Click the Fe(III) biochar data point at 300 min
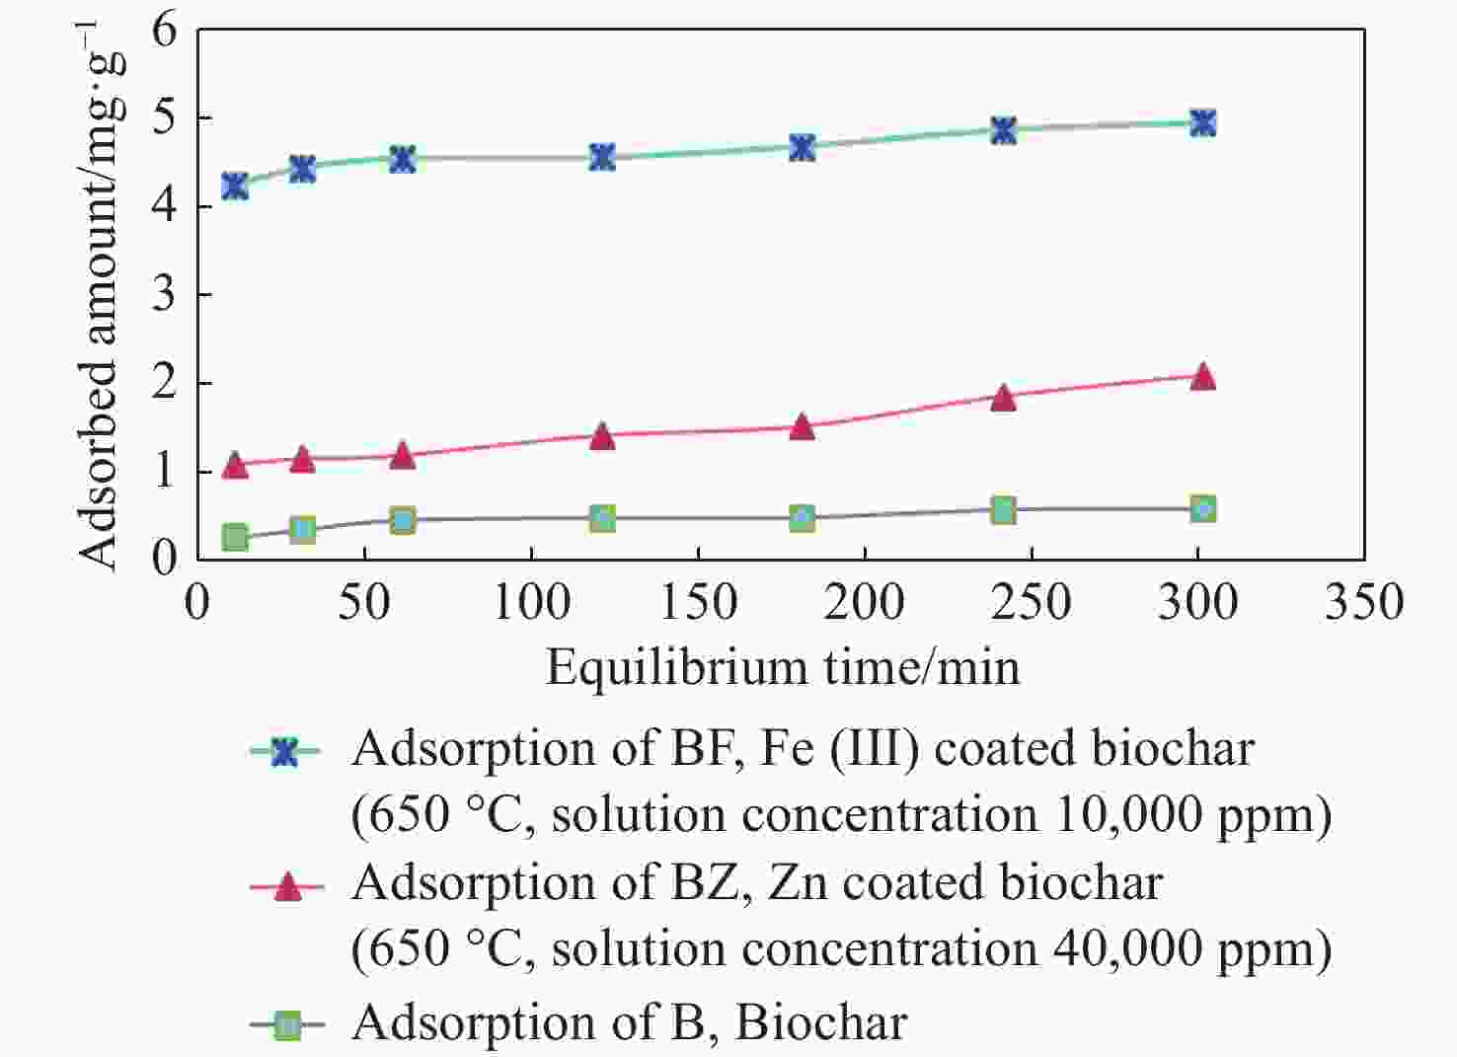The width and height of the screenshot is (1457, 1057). click(x=1202, y=123)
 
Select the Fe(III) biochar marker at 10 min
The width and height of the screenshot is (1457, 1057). click(x=235, y=186)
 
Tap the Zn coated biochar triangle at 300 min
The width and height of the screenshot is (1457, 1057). click(x=1202, y=377)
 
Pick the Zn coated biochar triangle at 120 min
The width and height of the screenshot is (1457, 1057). click(x=602, y=436)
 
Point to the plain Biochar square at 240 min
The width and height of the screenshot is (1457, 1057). click(x=1003, y=510)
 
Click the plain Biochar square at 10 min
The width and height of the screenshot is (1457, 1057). click(x=235, y=538)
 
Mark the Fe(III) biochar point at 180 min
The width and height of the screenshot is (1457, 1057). click(x=803, y=148)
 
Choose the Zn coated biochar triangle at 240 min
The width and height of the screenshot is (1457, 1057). click(x=1003, y=398)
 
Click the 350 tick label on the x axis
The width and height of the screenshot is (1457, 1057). click(x=1363, y=602)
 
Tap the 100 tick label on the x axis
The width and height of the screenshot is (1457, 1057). click(x=531, y=602)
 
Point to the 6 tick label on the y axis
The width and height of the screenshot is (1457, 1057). click(x=164, y=31)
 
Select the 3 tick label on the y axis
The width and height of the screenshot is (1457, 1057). click(x=164, y=294)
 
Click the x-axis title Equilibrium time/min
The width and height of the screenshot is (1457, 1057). click(x=782, y=668)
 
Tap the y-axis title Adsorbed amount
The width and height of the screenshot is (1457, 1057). click(x=101, y=296)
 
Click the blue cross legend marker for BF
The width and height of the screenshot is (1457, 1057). click(x=285, y=753)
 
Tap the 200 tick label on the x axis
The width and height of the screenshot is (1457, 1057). click(x=865, y=602)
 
